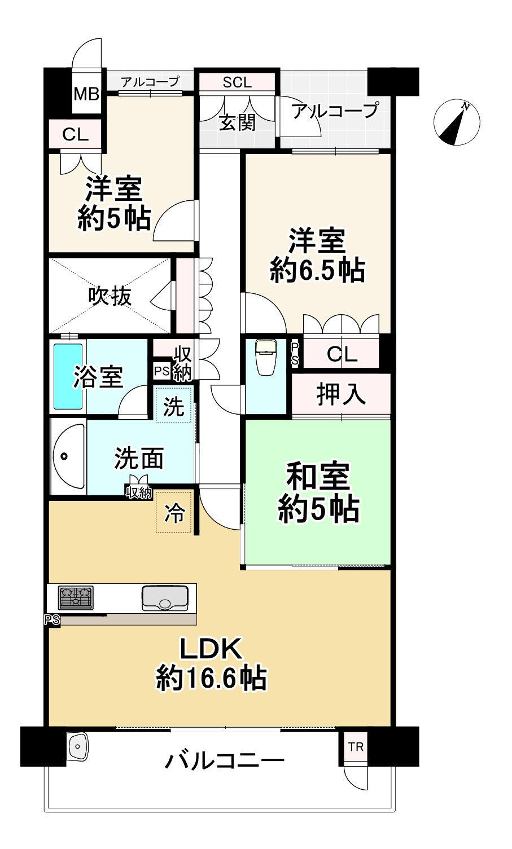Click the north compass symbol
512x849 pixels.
[457, 122]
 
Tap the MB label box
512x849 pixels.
[86, 93]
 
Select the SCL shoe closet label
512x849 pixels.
[237, 82]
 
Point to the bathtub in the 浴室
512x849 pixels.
[68, 376]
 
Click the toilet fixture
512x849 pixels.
[264, 357]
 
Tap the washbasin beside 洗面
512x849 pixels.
[68, 456]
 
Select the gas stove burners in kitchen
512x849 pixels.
[76, 597]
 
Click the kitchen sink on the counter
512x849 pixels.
[165, 598]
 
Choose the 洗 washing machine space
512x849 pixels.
[174, 406]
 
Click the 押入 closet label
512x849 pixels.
[341, 394]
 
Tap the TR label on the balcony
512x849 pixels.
[356, 747]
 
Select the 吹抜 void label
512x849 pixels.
[110, 296]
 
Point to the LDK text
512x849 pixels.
[211, 649]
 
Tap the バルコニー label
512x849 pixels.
[224, 762]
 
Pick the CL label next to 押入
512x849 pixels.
[342, 354]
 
